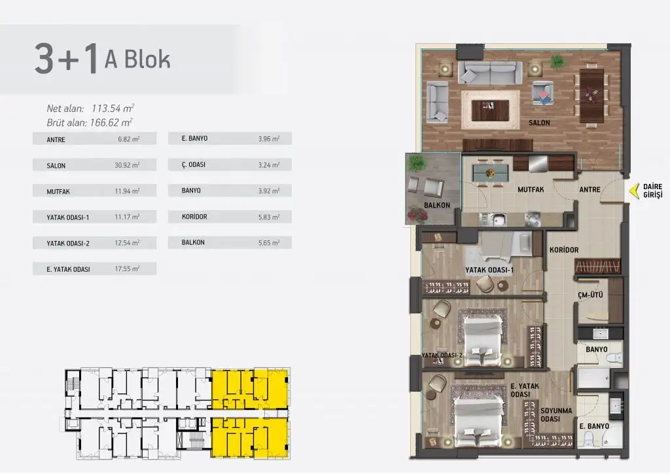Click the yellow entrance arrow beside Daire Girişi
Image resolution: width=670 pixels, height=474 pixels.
click(x=635, y=191)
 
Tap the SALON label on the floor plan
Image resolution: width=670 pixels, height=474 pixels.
click(x=539, y=122)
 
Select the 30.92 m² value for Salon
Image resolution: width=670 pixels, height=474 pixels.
click(x=127, y=165)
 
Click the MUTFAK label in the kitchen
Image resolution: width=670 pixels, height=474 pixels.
click(x=531, y=189)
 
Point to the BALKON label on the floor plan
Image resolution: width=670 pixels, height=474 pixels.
click(x=436, y=205)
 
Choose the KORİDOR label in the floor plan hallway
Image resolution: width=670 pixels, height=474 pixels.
click(x=564, y=250)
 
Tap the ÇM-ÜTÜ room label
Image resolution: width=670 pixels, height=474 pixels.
click(x=590, y=295)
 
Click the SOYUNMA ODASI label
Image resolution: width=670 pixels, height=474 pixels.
click(x=556, y=414)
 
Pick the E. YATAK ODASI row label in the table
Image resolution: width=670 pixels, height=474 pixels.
click(x=68, y=269)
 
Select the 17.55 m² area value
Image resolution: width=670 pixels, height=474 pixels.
click(x=127, y=269)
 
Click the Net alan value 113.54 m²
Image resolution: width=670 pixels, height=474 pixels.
click(x=113, y=109)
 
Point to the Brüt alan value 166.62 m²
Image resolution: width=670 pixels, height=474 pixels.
click(x=111, y=122)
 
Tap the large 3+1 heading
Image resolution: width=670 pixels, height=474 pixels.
click(x=66, y=59)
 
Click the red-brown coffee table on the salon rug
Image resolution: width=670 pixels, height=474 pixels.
click(x=490, y=110)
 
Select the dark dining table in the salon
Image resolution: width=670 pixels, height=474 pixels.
click(x=591, y=96)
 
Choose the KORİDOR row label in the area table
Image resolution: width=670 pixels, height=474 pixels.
click(x=194, y=217)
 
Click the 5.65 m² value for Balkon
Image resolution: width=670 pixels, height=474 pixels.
click(x=269, y=242)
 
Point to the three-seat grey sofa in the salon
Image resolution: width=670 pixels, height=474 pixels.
click(x=490, y=73)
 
